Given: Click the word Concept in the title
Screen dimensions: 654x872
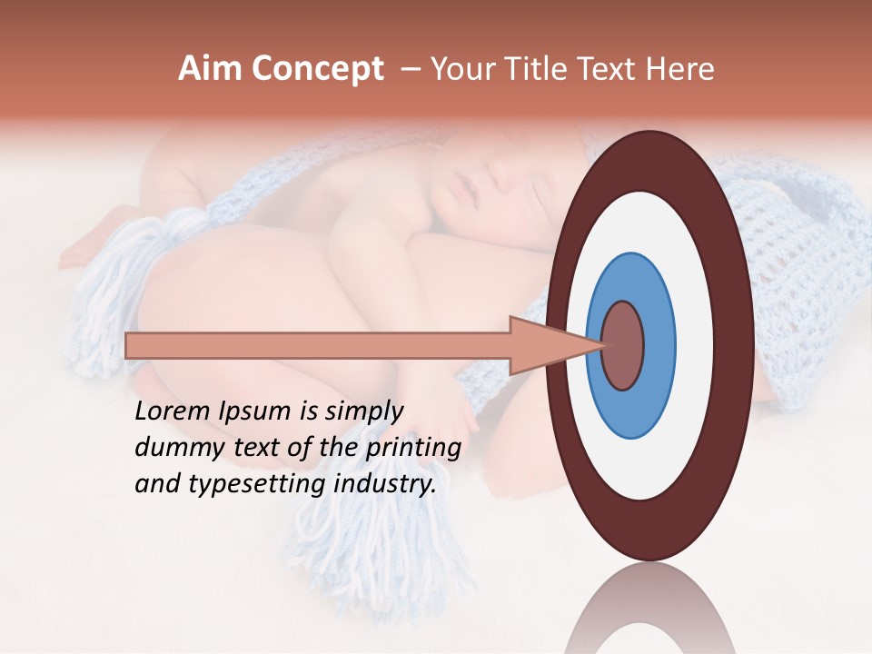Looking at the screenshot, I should (x=317, y=70).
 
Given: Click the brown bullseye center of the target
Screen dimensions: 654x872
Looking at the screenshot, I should (x=623, y=345).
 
